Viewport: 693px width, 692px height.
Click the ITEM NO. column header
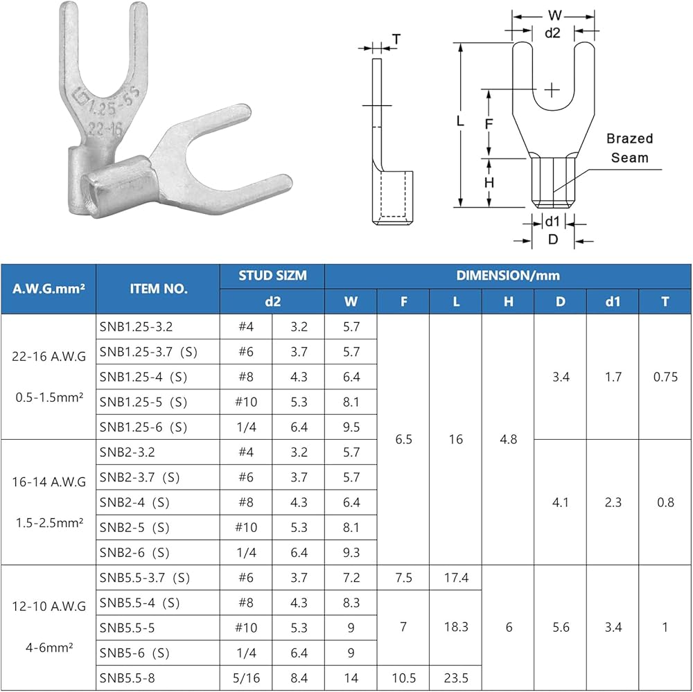coord(158,289)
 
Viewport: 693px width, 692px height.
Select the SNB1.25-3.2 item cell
coord(136,327)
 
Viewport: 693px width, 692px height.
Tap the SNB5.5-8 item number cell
coord(128,678)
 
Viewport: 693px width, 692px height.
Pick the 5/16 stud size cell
coord(246,678)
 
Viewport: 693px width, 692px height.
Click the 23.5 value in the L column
coord(456,678)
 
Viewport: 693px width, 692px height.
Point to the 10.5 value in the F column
coord(403,678)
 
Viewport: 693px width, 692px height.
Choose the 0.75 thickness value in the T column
coord(665,377)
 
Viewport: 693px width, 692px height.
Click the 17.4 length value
coord(456,578)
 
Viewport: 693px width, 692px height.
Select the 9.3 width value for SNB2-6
coord(351,552)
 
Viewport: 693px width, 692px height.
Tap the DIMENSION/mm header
coord(508,276)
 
